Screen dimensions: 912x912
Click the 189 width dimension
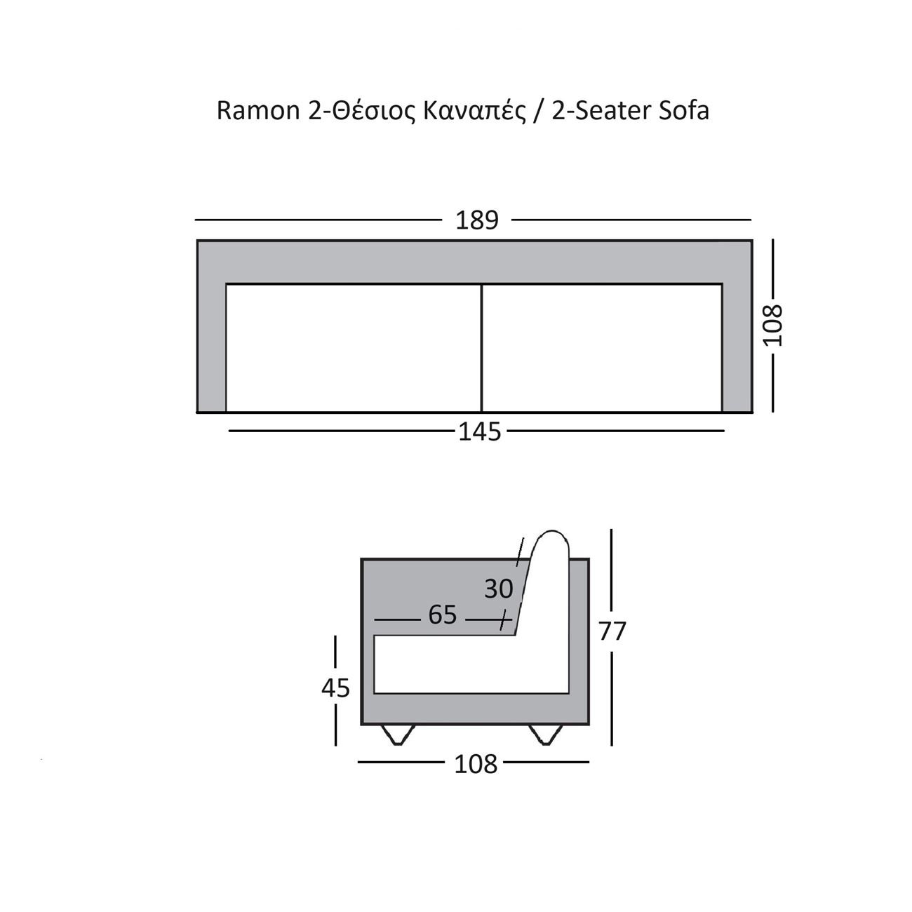476,220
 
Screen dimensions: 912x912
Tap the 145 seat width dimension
479,432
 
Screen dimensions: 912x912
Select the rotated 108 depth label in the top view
773,326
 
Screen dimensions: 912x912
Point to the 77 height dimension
612,631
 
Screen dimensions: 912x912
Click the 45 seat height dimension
335,688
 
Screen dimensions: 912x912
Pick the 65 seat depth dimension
442,615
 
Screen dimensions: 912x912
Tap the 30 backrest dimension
498,589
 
